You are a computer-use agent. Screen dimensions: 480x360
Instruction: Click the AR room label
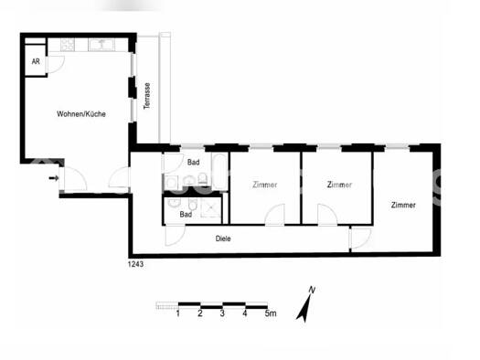coord(36,61)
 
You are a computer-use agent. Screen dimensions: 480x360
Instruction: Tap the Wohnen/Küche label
coord(81,114)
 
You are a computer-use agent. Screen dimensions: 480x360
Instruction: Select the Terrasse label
coord(147,96)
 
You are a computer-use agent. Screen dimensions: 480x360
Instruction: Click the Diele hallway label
coord(223,238)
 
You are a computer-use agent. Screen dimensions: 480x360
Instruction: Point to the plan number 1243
coord(135,264)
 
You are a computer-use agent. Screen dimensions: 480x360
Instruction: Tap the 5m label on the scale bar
coord(271,313)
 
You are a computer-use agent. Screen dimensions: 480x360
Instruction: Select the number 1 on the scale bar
coord(178,313)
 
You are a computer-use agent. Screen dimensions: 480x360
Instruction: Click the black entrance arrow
coord(54,177)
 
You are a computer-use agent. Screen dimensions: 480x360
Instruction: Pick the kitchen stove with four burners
coord(68,45)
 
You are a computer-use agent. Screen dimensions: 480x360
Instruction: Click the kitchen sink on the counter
coord(101,45)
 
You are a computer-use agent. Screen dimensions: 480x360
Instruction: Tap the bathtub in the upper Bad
coord(219,171)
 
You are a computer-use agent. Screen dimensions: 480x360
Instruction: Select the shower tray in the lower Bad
coord(211,207)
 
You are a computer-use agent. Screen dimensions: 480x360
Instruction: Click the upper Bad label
coord(194,162)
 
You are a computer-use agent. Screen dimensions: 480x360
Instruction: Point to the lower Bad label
coord(186,214)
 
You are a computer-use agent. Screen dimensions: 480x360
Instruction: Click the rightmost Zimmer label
coord(403,205)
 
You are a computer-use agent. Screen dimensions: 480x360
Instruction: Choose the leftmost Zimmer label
coord(265,185)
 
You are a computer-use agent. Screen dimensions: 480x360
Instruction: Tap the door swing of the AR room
coord(56,65)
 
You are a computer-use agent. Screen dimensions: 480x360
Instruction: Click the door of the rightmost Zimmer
coord(360,238)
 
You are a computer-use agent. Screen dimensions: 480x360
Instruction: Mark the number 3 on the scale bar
coord(222,313)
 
